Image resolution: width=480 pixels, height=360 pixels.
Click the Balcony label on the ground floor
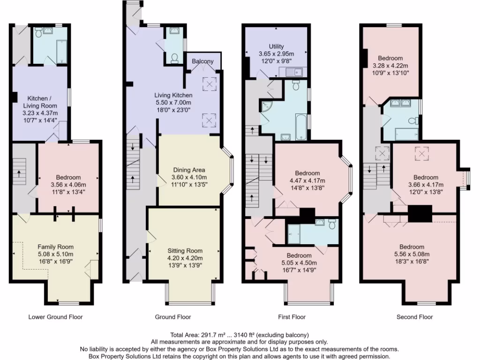tap(202, 61)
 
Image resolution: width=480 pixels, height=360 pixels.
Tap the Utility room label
tap(276, 46)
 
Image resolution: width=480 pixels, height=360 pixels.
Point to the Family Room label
tap(56, 247)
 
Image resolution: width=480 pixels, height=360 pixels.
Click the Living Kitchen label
tap(174, 95)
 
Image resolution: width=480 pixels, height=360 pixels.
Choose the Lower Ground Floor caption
tap(55, 317)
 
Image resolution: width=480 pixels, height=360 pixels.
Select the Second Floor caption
tap(414, 317)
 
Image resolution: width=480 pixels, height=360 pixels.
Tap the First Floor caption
tap(292, 317)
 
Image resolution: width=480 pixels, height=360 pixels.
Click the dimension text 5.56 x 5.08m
tap(412, 255)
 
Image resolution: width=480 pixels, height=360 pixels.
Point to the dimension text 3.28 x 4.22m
tap(390, 66)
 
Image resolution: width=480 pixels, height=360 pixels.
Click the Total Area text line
tap(240, 335)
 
